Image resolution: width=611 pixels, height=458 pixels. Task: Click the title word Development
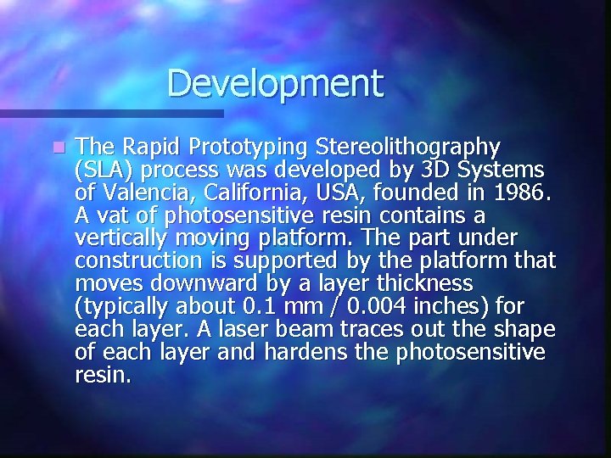tap(275, 84)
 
